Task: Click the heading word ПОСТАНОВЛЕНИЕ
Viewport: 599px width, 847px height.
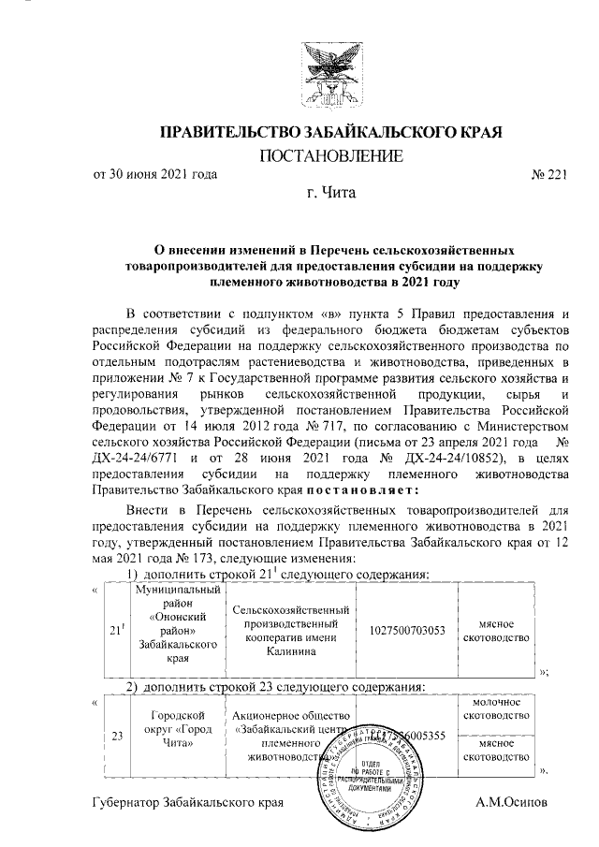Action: coord(330,154)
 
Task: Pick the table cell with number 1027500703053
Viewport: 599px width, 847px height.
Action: coord(403,631)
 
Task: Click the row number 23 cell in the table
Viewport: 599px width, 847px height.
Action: coord(116,736)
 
